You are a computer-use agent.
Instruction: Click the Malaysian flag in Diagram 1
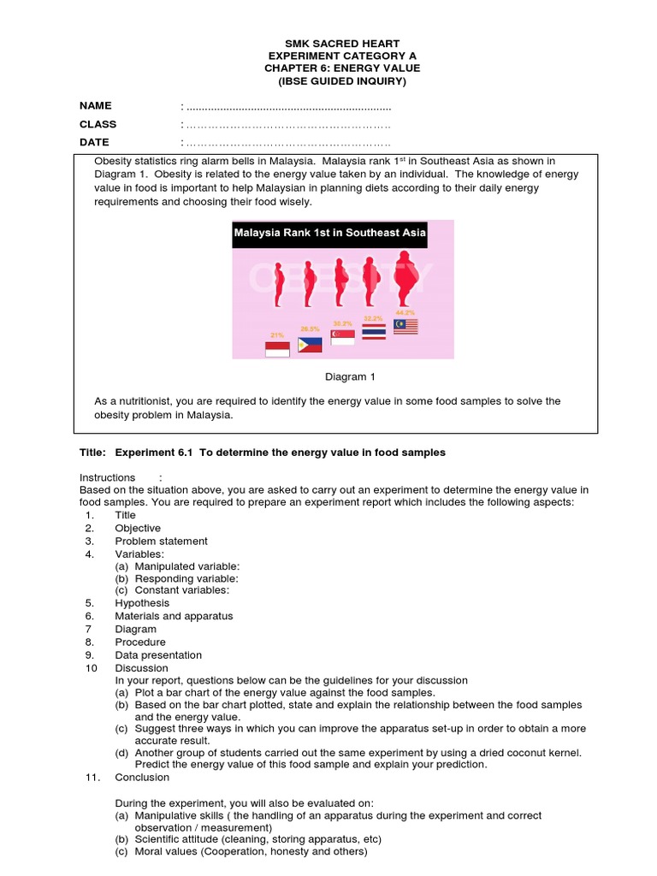[x=405, y=325]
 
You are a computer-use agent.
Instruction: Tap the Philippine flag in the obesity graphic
[x=310, y=345]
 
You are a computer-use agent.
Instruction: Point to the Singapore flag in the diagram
[x=342, y=337]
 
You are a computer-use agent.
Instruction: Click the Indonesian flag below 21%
[x=277, y=348]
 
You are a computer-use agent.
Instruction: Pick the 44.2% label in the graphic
[x=404, y=313]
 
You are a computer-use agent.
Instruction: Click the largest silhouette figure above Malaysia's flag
[x=407, y=280]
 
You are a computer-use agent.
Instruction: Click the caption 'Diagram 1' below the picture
[x=350, y=376]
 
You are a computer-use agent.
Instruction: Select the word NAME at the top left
[x=96, y=106]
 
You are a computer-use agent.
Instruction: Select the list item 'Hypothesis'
[x=142, y=603]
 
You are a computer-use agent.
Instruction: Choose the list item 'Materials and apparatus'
[x=174, y=616]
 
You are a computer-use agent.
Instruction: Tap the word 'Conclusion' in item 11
[x=142, y=778]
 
